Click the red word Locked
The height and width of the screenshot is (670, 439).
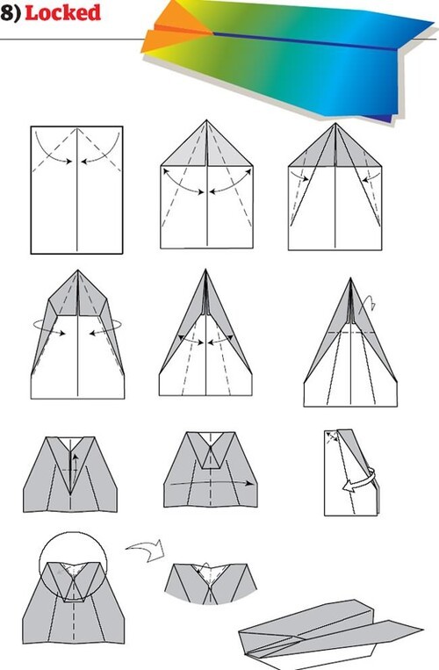63,12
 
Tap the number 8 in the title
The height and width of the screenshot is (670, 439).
7,13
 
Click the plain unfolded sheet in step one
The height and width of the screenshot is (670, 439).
77,190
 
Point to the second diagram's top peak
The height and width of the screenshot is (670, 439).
206,120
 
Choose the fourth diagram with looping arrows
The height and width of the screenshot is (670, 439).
77,335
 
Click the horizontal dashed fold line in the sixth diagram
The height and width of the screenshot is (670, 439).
350,332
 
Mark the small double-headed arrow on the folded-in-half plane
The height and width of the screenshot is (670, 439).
331,436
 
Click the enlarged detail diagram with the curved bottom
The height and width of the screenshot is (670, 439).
211,584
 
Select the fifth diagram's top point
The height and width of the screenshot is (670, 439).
205,270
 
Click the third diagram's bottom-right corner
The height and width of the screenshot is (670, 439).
381,250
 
